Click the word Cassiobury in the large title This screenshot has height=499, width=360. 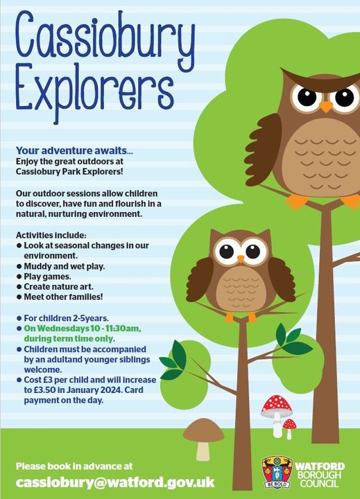point(105,39)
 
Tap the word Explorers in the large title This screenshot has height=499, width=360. point(94,92)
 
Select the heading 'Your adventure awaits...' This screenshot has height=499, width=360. point(74,150)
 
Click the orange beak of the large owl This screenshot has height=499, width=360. point(326,106)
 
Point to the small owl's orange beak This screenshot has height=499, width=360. point(241,259)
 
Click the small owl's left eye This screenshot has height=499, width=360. point(227,251)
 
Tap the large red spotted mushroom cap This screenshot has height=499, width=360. point(277,406)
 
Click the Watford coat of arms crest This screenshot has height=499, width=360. point(277,472)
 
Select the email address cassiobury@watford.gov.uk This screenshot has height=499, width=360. point(115,482)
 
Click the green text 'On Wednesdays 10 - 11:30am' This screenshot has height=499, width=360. point(82,328)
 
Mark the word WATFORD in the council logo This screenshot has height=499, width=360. point(320,466)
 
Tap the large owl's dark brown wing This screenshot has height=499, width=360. point(264,149)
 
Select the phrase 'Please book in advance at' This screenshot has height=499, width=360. point(74,466)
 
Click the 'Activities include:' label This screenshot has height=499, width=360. point(51,235)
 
